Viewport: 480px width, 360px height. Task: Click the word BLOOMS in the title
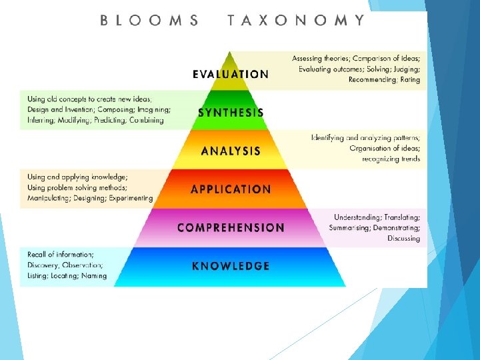(x=149, y=20)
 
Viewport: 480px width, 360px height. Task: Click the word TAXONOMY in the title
(x=296, y=20)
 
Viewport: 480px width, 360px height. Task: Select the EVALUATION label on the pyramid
(x=231, y=74)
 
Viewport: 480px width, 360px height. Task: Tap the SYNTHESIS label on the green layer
(x=231, y=113)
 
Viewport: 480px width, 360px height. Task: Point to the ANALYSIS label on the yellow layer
(x=231, y=151)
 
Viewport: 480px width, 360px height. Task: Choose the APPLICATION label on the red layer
(x=231, y=189)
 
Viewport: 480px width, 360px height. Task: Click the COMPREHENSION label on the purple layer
(x=231, y=227)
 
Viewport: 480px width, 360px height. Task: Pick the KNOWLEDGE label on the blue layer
(x=231, y=266)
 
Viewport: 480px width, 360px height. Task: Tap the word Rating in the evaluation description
(x=410, y=80)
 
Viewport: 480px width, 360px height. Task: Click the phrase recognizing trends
(x=391, y=159)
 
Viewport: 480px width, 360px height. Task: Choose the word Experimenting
(x=130, y=198)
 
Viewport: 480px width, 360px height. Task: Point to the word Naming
(x=94, y=275)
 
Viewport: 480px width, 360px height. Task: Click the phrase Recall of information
(x=61, y=254)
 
